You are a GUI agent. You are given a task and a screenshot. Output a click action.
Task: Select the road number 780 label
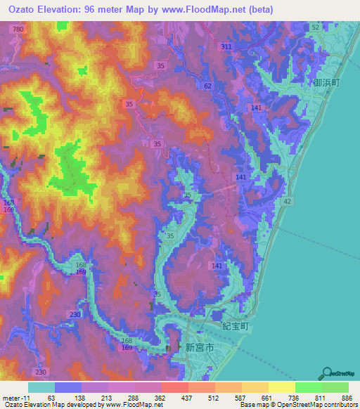pos(18,29)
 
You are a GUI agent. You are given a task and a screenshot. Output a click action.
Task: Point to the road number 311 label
pos(226,46)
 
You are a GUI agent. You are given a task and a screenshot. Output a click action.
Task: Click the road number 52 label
pos(315,27)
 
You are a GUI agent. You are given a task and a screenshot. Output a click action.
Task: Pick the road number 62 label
pos(207,86)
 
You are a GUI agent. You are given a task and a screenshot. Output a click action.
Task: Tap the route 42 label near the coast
pos(287,201)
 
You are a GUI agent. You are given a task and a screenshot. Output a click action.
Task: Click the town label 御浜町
pos(326,82)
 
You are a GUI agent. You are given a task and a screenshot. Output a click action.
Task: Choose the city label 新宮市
pos(198,346)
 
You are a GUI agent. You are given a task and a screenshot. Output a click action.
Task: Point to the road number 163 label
pos(8,202)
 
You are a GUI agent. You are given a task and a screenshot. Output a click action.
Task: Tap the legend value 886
pos(345,398)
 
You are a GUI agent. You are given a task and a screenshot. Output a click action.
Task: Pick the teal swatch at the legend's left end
pos(41,387)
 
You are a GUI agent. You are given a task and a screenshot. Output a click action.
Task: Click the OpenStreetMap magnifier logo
pos(326,372)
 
